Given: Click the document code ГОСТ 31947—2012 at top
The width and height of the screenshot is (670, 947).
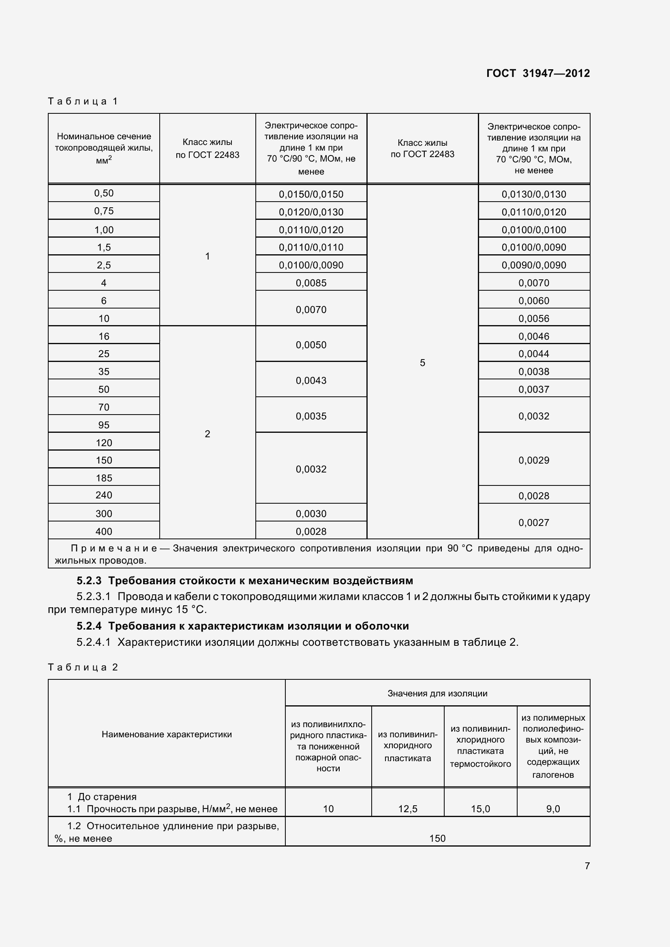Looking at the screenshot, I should pos(538,73).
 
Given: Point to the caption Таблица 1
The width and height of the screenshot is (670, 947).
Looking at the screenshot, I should pos(83,101).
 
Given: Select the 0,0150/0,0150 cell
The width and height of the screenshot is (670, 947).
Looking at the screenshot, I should pos(311,194).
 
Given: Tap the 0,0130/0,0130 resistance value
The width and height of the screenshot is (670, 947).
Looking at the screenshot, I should pos(534,194).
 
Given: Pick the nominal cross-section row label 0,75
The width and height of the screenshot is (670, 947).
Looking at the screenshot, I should pos(104,211).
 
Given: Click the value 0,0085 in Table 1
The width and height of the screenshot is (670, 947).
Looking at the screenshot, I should pos(311,283).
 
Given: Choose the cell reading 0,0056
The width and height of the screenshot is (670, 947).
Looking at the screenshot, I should pos(534,318).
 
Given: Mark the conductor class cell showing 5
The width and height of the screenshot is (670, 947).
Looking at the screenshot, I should pos(422,362).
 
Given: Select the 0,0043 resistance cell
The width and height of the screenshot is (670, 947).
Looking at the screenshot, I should pos(311,380).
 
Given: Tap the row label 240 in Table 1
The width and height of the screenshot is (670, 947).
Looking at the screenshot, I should pos(104,495).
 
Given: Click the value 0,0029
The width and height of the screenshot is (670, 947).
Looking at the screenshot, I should pos(534,460).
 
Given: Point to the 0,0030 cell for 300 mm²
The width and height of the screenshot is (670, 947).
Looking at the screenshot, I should pos(311,513).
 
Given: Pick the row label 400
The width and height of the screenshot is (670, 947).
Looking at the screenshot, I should pos(104,531).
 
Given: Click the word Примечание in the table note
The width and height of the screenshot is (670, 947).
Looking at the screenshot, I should pos(114,549).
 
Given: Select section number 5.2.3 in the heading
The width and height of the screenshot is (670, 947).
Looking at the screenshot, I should pos(89,581).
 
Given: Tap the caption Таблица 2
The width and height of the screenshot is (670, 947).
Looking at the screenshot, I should pos(83,667).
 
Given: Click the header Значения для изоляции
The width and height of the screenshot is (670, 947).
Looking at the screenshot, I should pos(437,693).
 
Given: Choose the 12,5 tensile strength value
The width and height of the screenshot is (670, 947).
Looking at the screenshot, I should pos(407,809).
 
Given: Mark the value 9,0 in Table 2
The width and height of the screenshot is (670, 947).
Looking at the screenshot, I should pos(553,809).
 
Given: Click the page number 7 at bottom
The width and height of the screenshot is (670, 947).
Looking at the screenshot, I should pos(587,866).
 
